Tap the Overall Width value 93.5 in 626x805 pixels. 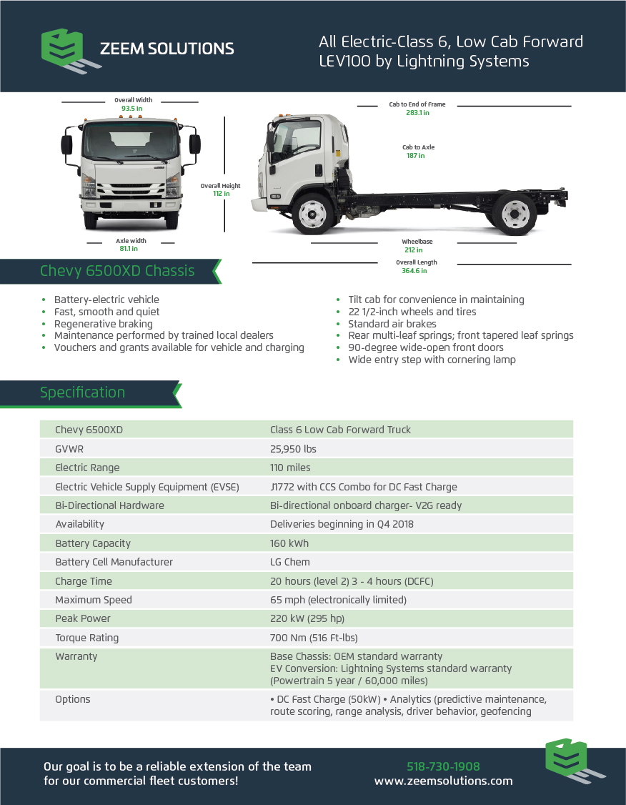point(132,109)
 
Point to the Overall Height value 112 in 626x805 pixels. point(221,194)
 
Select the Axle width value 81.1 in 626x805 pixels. point(128,249)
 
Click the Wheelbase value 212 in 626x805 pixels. point(414,250)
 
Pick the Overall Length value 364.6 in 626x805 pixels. point(417,271)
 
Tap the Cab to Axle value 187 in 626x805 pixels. point(416,156)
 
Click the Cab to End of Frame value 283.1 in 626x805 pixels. point(417,113)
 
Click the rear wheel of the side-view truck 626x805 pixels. point(515,213)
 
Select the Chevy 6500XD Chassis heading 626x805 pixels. point(117,271)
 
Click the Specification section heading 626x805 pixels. point(82,392)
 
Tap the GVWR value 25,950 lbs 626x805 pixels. point(293,449)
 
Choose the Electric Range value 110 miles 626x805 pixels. point(290,468)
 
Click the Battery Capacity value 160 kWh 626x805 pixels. point(288,543)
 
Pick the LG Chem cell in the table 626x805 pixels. point(289,562)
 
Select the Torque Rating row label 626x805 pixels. point(87,638)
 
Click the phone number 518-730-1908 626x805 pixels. point(443,766)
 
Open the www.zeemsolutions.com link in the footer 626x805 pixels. point(443,781)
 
